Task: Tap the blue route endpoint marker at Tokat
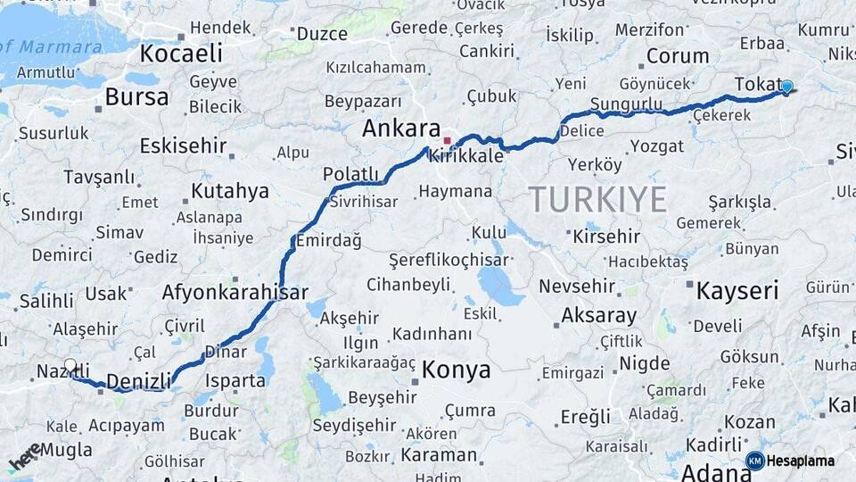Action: (786, 87)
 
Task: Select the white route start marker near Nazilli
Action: (70, 365)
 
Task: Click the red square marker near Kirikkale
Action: (447, 140)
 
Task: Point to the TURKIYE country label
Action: (598, 199)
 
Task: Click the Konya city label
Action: (456, 370)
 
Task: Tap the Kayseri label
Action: (737, 290)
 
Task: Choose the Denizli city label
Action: (138, 381)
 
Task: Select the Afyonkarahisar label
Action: (235, 292)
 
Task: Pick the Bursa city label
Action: (136, 97)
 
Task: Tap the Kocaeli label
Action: (181, 54)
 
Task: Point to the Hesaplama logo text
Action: (801, 461)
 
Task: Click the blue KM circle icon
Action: (754, 461)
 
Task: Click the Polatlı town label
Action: (350, 173)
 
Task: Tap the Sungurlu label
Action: (626, 105)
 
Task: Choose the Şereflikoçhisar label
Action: (449, 261)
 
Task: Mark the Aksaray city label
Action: (598, 316)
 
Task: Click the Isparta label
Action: (235, 380)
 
